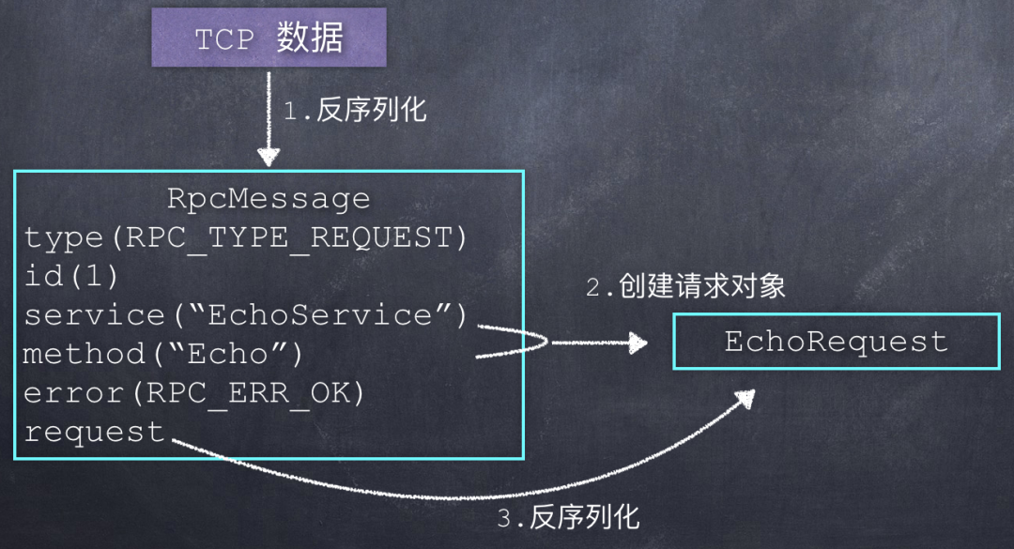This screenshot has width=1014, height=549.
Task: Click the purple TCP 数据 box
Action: [x=269, y=38]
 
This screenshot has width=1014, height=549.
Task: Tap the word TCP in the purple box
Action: [x=224, y=40]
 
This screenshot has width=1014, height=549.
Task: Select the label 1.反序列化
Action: [x=355, y=110]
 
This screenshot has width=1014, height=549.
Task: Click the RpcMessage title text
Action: [x=269, y=199]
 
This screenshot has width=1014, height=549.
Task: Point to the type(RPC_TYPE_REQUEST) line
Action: [x=245, y=238]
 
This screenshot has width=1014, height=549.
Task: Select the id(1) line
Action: [x=71, y=277]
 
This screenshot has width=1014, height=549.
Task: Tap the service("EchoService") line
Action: [x=245, y=315]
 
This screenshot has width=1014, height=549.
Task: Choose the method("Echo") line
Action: [x=162, y=355]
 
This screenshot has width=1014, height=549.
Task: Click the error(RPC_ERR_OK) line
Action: [x=194, y=393]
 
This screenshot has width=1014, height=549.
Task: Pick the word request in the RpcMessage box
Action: [x=95, y=432]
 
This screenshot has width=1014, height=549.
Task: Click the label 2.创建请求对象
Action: [x=685, y=286]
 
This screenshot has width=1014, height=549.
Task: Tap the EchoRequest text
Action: [x=837, y=342]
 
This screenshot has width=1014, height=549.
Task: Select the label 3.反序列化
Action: [x=568, y=517]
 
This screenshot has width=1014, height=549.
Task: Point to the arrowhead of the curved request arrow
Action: [x=745, y=398]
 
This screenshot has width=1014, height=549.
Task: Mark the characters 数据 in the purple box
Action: [x=310, y=38]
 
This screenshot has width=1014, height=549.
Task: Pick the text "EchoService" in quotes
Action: [x=319, y=315]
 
